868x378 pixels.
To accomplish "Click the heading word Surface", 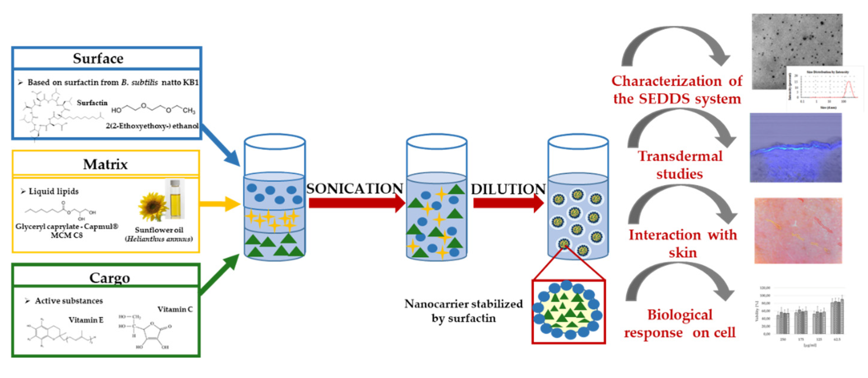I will [98, 59].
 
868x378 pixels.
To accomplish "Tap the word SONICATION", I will [355, 188].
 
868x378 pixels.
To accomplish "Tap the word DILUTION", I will [508, 189].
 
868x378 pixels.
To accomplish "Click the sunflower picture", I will [152, 206].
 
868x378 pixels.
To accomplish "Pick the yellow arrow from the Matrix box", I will [219, 204].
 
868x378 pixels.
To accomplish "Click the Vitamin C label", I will [175, 309].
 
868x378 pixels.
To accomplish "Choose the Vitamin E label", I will [86, 320].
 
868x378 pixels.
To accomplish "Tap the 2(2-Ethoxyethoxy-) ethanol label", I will [152, 126].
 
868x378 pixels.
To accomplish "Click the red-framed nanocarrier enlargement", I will [568, 312].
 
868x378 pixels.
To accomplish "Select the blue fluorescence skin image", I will [795, 148].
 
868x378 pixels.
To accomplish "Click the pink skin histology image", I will [798, 231].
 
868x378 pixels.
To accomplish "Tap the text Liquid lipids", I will [53, 191].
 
